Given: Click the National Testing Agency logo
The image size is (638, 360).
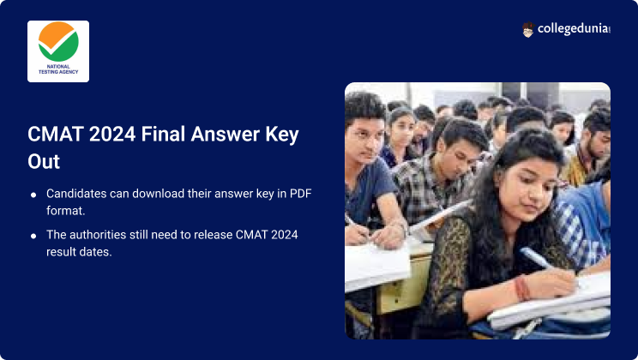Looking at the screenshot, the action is (x=58, y=51).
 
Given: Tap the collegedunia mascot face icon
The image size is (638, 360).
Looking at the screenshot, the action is (x=527, y=30).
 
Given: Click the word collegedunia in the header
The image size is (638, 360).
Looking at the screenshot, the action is (x=574, y=29).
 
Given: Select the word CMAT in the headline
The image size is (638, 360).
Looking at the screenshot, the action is (x=56, y=135).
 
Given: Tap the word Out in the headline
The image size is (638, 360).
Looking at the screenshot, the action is (x=44, y=161).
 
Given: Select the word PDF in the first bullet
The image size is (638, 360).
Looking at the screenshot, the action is (x=301, y=194).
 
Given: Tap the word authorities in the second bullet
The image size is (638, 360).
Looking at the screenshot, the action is (x=98, y=235).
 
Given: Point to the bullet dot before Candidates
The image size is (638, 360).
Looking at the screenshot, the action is (x=33, y=195).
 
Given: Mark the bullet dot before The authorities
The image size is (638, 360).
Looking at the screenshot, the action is (x=33, y=236).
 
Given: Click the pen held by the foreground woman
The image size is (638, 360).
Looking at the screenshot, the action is (x=538, y=259).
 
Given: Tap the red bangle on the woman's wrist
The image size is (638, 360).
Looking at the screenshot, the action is (x=522, y=288).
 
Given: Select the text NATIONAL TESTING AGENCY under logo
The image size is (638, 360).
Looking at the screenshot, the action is (x=58, y=69).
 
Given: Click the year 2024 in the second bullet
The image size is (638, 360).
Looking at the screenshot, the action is (x=285, y=235).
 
